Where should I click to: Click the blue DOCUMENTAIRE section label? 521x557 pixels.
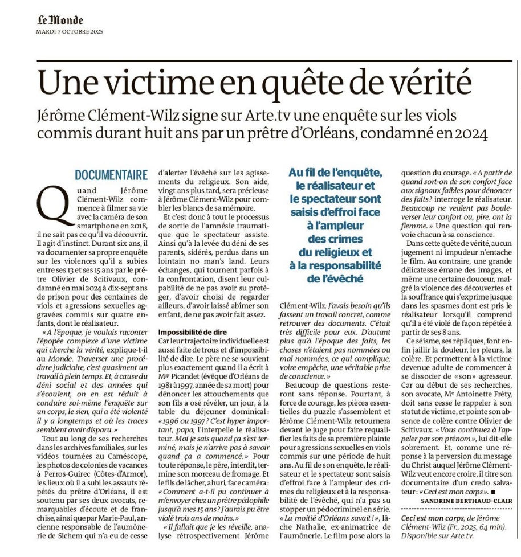click(111, 175)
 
